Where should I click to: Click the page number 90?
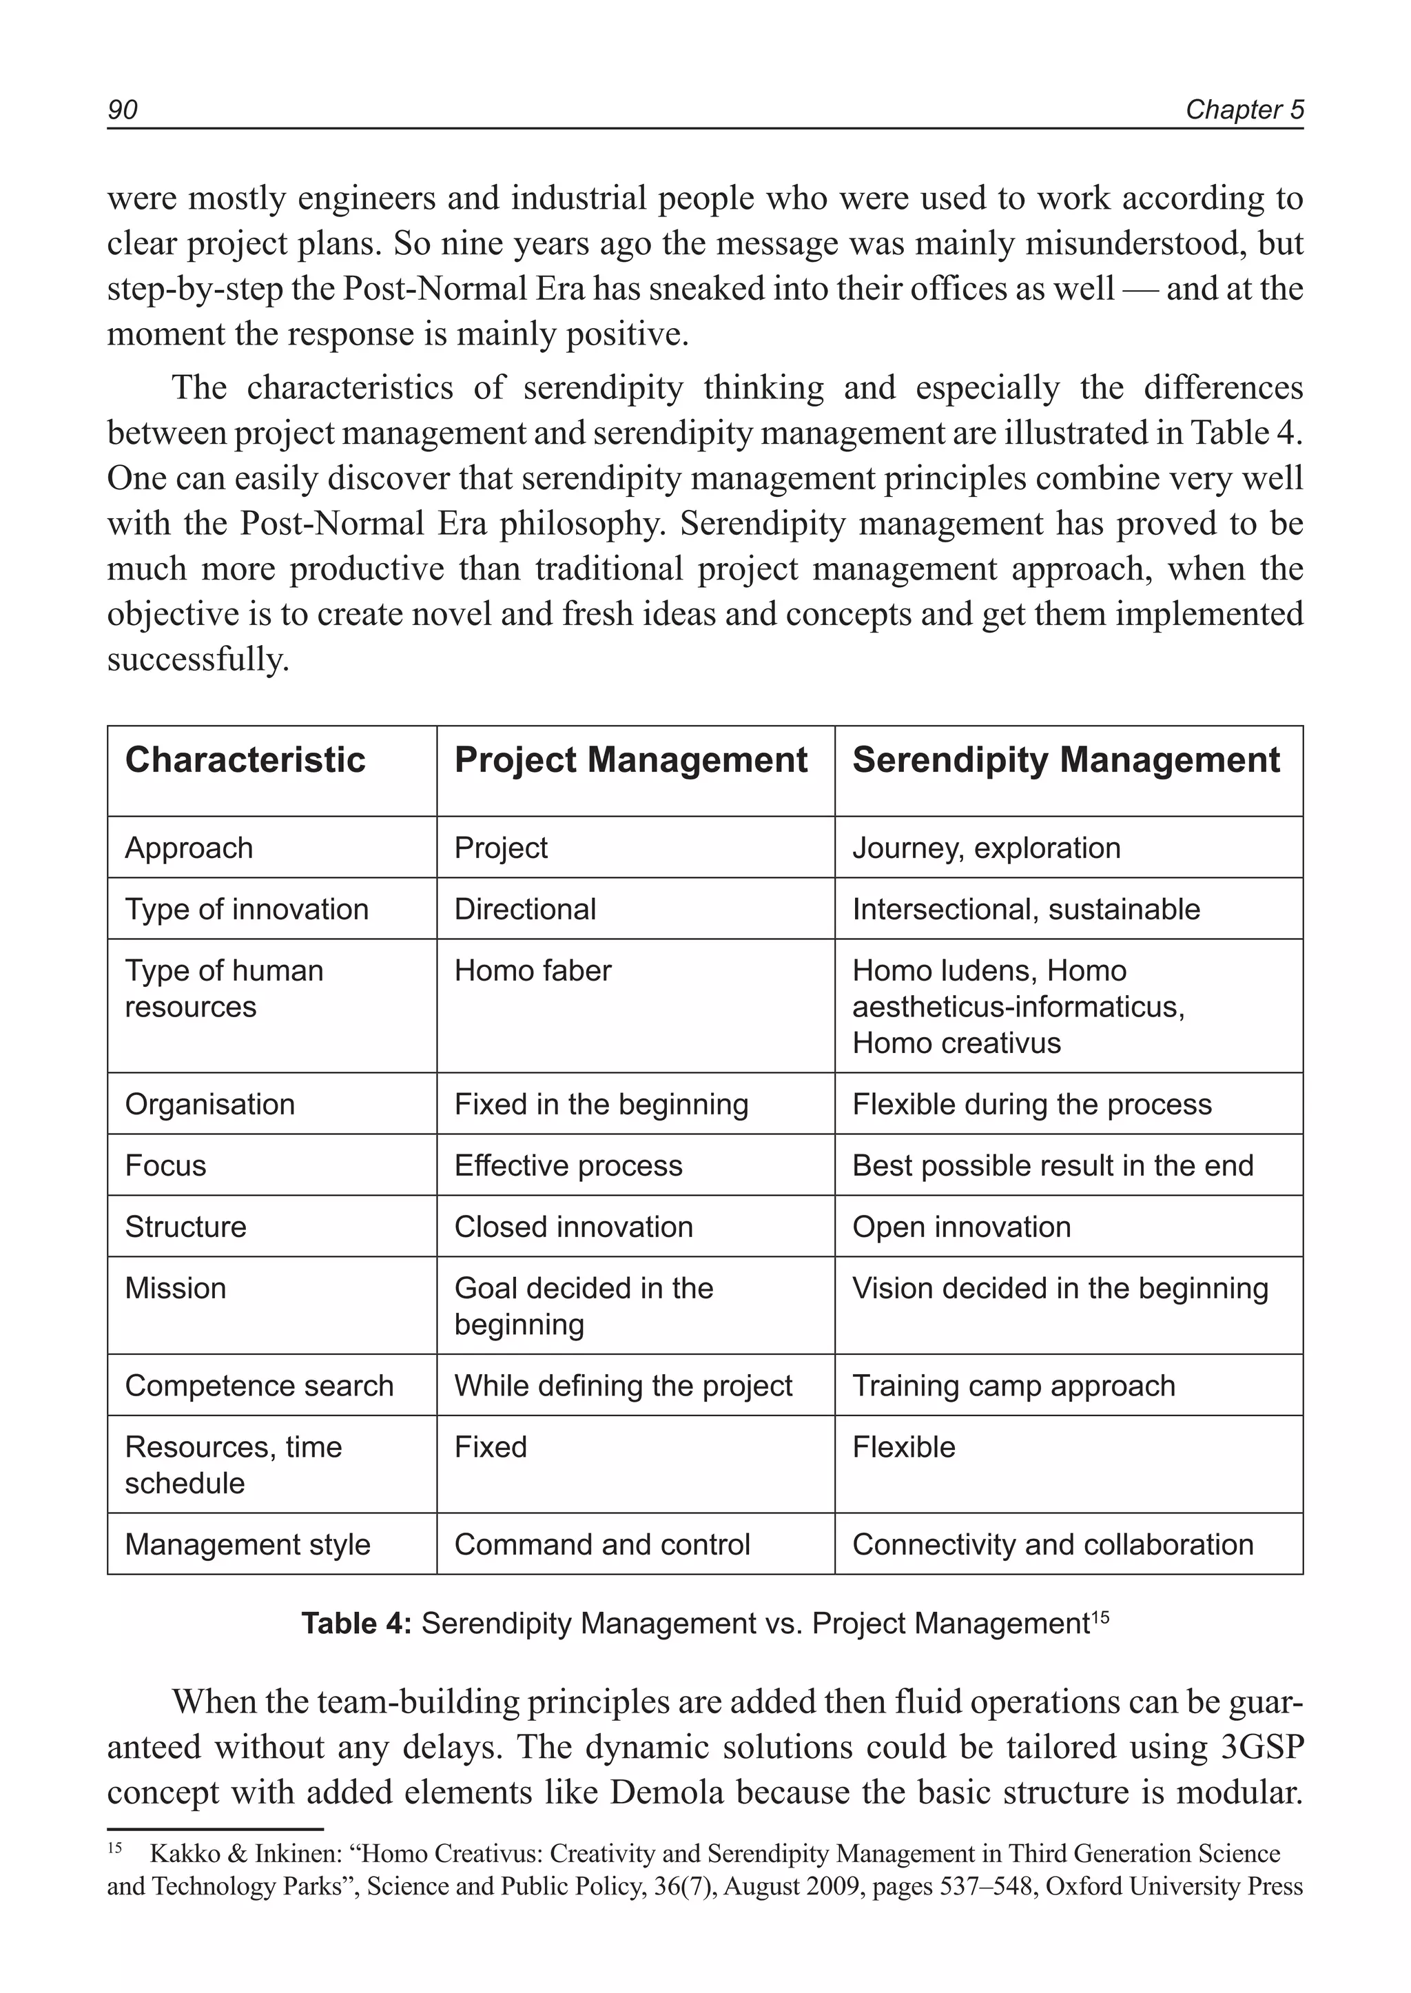point(123,110)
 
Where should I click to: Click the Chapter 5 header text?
point(1244,110)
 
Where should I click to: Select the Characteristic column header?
point(245,761)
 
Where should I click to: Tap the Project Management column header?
point(631,761)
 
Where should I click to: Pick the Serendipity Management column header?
point(1066,761)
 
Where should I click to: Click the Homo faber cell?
point(533,971)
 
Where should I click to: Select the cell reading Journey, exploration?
point(986,848)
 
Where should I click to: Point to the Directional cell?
point(525,910)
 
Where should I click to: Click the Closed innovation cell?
point(573,1227)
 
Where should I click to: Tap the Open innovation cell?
point(961,1227)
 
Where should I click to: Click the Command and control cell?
point(602,1544)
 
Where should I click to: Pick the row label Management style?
point(247,1544)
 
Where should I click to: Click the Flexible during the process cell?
point(1031,1105)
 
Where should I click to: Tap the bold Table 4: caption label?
point(356,1624)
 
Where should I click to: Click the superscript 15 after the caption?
point(1100,1617)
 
